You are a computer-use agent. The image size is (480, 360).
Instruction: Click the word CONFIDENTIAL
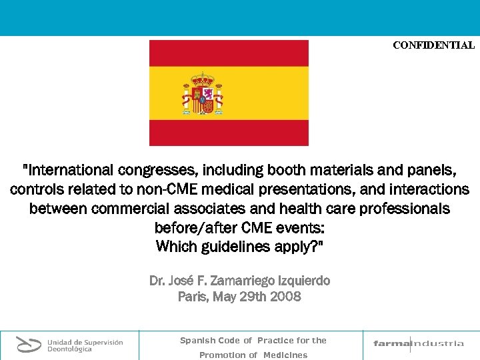[x=433, y=45]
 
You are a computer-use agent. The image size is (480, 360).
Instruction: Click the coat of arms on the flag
[x=202, y=93]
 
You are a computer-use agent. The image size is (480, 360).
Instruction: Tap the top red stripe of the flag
[x=229, y=53]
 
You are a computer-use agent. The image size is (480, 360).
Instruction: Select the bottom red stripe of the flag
[x=229, y=133]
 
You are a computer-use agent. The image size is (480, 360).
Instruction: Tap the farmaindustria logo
[x=419, y=344]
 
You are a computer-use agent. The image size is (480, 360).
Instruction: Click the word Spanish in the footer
[x=196, y=340]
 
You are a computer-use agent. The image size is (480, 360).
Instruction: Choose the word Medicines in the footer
[x=285, y=355]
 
